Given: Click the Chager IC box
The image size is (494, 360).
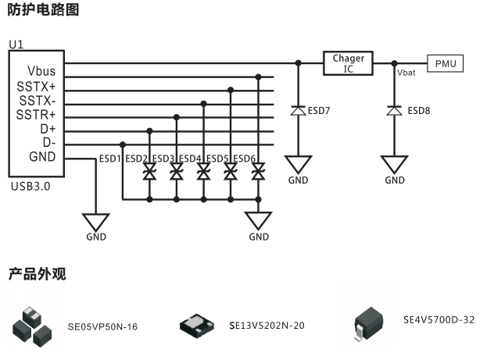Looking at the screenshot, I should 349,63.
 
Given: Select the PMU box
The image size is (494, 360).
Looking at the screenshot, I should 446,63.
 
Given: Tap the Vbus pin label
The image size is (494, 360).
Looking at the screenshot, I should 41,70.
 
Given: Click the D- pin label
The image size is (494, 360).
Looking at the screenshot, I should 48,142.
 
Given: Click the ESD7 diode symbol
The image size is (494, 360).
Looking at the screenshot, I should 298,111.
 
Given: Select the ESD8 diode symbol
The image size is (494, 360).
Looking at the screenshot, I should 395,111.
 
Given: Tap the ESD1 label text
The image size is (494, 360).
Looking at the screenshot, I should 109,159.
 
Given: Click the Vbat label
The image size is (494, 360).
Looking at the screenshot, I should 406,73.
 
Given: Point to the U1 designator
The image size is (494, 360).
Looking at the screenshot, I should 16,46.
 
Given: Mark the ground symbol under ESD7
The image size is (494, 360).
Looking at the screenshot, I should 298,165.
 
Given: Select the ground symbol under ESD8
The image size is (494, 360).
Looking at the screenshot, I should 395,165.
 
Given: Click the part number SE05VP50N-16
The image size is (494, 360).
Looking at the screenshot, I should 102,326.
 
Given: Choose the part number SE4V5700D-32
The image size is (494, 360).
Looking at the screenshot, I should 439,319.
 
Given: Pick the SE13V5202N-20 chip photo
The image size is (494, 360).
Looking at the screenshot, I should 199,325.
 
